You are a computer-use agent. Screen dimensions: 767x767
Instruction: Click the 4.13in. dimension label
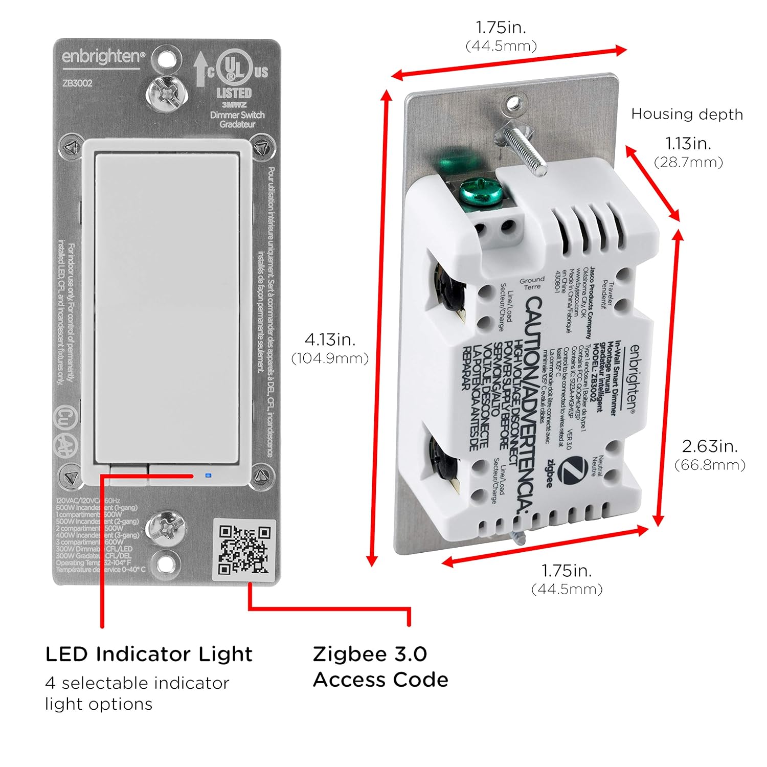tap(330, 339)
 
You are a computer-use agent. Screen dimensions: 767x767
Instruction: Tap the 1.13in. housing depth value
tap(688, 143)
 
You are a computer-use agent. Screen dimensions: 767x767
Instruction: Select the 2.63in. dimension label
tap(710, 446)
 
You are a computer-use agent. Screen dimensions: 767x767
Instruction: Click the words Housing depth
tap(687, 114)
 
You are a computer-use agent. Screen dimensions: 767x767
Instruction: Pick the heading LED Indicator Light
tap(149, 654)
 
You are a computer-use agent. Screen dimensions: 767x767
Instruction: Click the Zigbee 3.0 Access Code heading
tap(380, 667)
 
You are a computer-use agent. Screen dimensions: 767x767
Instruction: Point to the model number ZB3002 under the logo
tap(77, 83)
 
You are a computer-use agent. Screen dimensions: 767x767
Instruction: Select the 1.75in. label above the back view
tap(501, 27)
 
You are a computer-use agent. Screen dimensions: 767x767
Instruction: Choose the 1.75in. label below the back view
tap(567, 570)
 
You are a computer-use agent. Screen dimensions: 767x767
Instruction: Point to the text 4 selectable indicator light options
tap(137, 693)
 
